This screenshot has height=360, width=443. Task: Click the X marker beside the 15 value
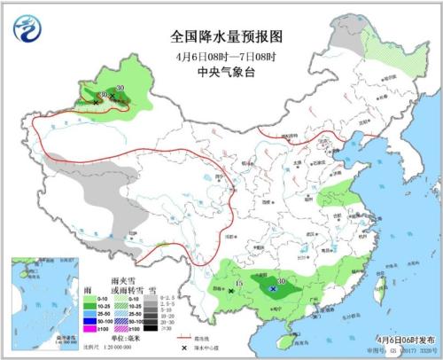[x=231, y=290]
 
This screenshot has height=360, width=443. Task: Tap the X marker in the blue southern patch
[x=274, y=289]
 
